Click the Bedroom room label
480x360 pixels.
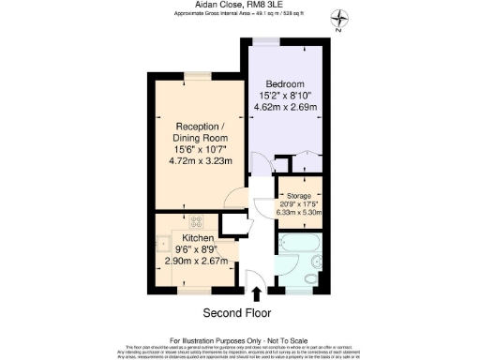tap(287, 82)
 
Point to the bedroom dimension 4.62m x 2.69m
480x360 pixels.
tap(287, 107)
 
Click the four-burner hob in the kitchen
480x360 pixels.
tap(198, 223)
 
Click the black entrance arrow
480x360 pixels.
tap(258, 296)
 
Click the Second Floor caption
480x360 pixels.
tap(242, 312)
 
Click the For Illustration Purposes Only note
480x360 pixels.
tap(240, 339)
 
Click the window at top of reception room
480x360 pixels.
tap(197, 74)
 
